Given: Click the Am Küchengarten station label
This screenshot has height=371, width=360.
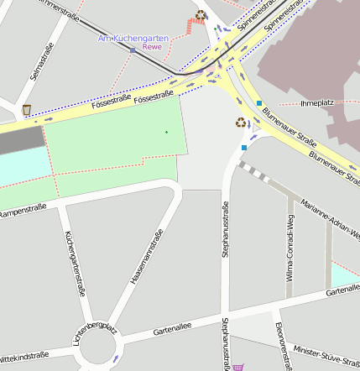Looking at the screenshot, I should tap(133, 39).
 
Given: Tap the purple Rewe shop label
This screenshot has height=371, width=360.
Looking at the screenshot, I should tap(152, 47).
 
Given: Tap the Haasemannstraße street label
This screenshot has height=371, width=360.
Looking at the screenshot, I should tap(146, 257).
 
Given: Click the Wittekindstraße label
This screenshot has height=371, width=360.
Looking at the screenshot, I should tap(24, 357).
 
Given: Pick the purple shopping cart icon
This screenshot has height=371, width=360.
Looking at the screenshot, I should tap(238, 367).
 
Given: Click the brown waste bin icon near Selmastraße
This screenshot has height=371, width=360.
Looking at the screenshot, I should tap(27, 109).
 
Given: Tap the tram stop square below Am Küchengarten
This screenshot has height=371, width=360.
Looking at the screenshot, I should tap(133, 50).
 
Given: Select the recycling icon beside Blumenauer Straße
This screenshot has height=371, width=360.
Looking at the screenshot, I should tap(241, 123).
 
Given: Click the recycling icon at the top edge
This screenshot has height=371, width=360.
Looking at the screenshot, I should tap(201, 14).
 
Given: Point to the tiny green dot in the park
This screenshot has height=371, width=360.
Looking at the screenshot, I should tap(166, 132).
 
